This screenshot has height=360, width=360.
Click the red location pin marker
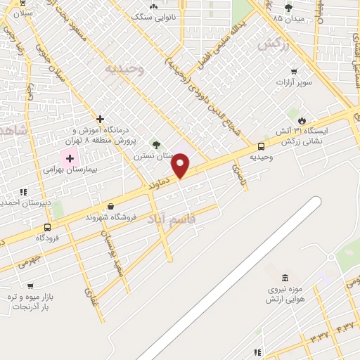(181, 166)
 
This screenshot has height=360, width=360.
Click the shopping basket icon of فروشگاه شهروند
(110, 206)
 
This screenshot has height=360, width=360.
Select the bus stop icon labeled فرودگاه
(47, 227)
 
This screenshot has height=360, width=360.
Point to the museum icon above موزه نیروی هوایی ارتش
(284, 278)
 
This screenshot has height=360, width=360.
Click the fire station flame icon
(302, 120)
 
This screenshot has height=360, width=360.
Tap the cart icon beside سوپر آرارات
(293, 71)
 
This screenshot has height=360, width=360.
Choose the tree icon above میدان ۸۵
(288, 7)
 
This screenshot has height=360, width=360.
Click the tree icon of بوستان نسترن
(156, 144)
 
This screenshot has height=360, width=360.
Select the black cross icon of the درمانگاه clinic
(101, 119)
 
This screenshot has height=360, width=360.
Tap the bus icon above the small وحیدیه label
(261, 146)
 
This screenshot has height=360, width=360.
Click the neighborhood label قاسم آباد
(172, 220)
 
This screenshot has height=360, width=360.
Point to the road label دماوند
(159, 183)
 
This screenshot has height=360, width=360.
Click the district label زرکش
(273, 44)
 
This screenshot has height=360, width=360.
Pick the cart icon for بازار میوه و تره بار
(30, 285)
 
